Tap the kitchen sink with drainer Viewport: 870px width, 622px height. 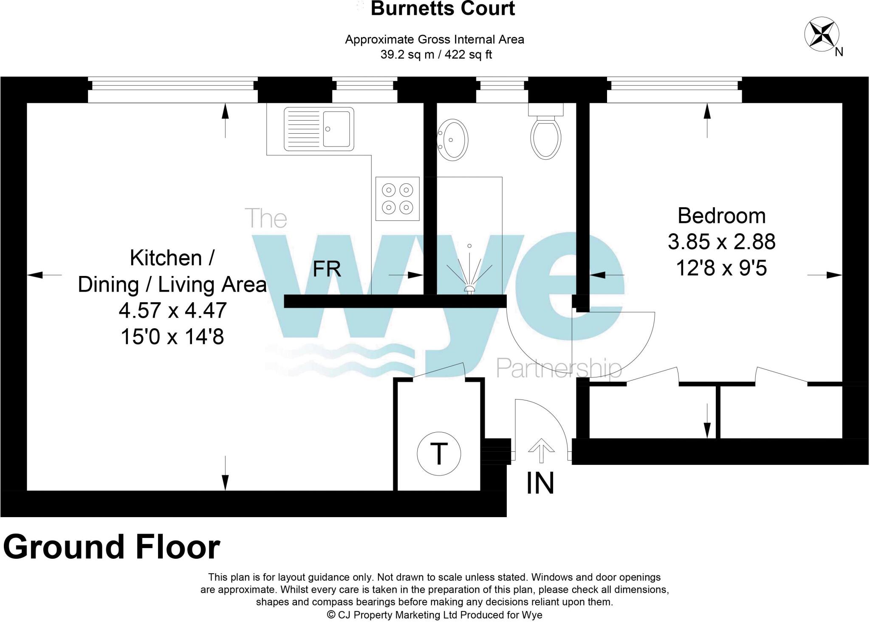(319, 129)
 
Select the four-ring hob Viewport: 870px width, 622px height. (397, 199)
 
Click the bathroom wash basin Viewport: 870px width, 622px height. (453, 139)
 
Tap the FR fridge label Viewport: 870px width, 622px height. (327, 269)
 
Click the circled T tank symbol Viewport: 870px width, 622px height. (439, 454)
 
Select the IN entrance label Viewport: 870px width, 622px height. (540, 483)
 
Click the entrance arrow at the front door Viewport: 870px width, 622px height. (541, 450)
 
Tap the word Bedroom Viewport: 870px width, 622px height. (721, 216)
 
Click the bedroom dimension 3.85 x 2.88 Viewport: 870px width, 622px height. (721, 242)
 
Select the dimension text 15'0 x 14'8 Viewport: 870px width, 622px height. (172, 337)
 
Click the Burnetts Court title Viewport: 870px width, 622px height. (443, 8)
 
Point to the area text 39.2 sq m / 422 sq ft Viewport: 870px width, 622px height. (436, 55)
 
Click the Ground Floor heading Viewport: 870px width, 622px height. (111, 547)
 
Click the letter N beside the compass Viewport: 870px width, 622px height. (839, 52)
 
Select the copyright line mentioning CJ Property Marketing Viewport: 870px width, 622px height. (434, 614)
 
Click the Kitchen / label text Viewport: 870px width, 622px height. (172, 258)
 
